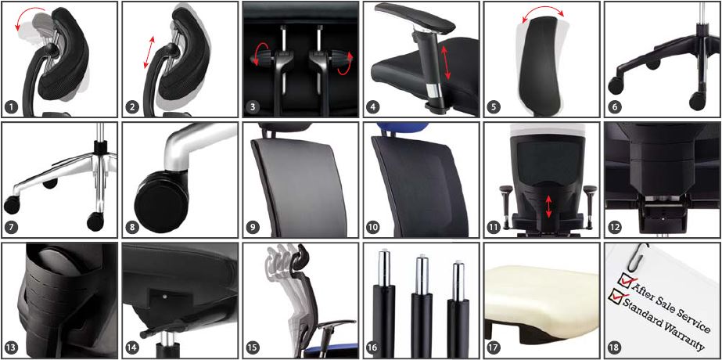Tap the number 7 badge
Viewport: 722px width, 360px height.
coord(11,227)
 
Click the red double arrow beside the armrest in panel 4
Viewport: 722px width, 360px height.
coord(445,62)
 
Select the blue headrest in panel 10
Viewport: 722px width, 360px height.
coord(402,127)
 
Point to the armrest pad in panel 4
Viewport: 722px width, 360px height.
coord(412,16)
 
